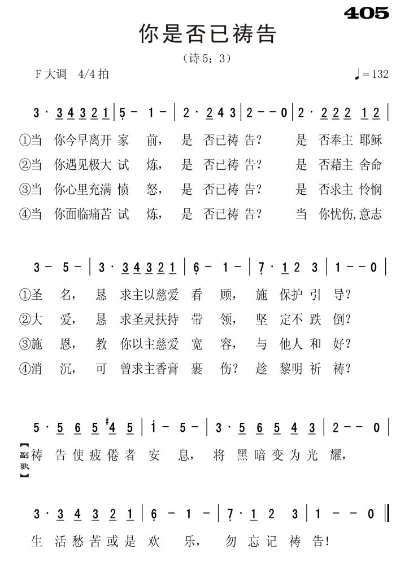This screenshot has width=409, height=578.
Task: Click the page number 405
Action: [x=366, y=12]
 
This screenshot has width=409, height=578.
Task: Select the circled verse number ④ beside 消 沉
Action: [x=24, y=369]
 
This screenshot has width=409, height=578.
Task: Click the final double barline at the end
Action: [x=385, y=514]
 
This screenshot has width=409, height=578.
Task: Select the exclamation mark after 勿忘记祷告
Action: [x=329, y=542]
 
